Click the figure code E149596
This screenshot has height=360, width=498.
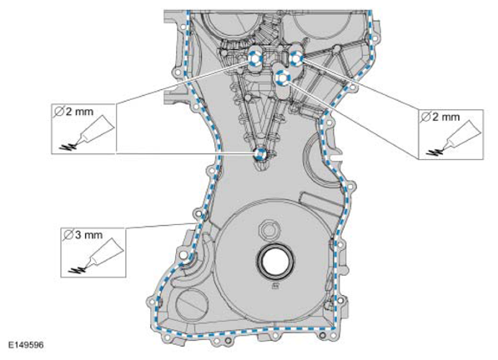pyautogui.click(x=26, y=345)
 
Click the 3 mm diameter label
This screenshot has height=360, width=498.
pyautogui.click(x=83, y=235)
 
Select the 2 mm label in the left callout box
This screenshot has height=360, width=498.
pyautogui.click(x=73, y=112)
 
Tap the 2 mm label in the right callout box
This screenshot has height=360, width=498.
pyautogui.click(x=440, y=117)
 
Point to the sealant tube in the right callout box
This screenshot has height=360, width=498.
pyautogui.click(x=460, y=133)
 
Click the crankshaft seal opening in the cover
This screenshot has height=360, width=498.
pyautogui.click(x=275, y=260)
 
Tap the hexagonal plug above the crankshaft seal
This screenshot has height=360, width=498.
pyautogui.click(x=269, y=228)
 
